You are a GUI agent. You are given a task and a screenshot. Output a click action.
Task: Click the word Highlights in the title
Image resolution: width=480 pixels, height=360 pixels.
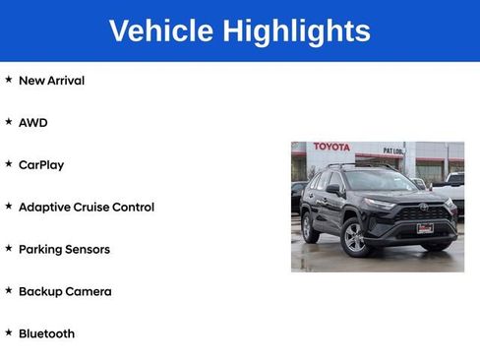[296, 30]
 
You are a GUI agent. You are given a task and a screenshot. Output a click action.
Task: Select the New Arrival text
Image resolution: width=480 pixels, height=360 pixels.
[51, 81]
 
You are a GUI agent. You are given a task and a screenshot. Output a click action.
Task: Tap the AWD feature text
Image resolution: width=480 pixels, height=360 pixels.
[32, 123]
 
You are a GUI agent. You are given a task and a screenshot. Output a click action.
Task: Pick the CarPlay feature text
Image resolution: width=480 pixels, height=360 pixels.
[41, 165]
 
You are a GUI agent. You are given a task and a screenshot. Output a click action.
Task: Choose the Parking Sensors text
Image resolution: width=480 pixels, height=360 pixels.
[64, 250]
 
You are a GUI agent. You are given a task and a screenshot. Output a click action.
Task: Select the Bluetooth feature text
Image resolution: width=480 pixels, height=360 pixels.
[46, 334]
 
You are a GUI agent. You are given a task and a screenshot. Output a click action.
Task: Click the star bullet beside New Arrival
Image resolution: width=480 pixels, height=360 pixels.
[9, 80]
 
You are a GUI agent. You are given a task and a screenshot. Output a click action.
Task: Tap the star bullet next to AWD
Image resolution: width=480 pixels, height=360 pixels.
[9, 122]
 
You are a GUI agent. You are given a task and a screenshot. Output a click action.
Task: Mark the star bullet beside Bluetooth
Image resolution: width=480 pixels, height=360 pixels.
[9, 333]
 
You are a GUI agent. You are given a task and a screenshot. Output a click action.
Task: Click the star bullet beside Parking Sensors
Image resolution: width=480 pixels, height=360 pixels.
[9, 249]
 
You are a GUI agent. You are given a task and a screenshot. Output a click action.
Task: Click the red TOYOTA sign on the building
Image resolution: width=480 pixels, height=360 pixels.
[331, 148]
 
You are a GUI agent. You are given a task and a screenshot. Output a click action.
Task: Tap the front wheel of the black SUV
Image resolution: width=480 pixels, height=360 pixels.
[355, 238]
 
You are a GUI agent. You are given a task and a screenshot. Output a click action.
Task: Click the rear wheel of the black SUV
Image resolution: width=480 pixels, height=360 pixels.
[311, 228]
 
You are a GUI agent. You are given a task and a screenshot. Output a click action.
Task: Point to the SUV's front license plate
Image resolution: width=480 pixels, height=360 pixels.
[425, 228]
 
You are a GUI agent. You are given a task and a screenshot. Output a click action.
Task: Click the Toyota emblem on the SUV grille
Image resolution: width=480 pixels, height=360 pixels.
[424, 208]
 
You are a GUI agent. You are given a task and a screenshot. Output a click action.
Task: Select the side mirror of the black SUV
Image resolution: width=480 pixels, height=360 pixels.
[334, 189]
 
